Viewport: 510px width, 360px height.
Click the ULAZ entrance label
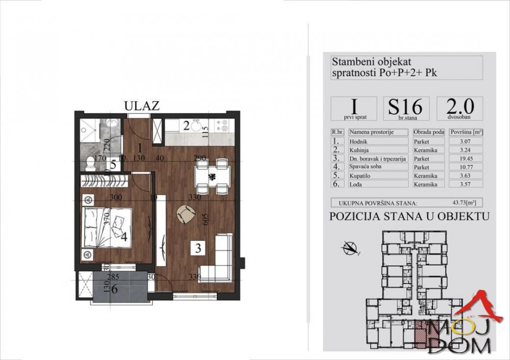[x=142, y=106]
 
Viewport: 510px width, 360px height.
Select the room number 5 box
[x=113, y=164]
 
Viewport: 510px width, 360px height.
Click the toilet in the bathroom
[x=90, y=163]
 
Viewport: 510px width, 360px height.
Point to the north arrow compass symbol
[x=349, y=249]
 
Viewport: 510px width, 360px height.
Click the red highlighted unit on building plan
[x=419, y=332]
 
